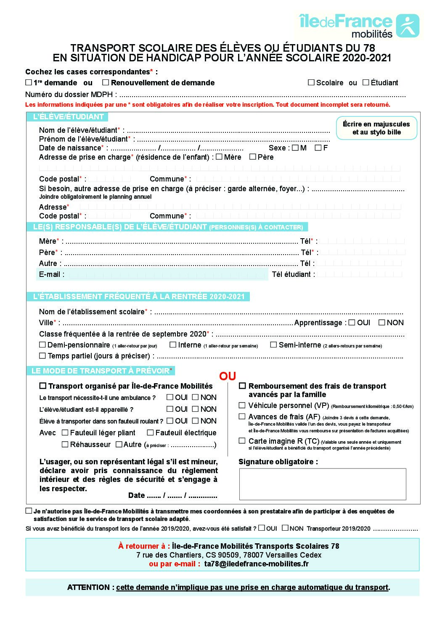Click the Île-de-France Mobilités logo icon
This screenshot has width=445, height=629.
408,26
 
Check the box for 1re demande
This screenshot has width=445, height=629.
29,83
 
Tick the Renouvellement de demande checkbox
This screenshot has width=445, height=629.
106,83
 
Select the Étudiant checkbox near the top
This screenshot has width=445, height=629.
366,82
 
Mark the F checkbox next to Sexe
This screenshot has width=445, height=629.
318,148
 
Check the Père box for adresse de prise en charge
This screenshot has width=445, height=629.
253,157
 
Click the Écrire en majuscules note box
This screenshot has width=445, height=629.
376,128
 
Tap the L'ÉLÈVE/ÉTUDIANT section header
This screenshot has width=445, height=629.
68,117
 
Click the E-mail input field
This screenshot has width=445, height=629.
167,275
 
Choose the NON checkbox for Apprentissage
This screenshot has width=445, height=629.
381,323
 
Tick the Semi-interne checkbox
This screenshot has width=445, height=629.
273,345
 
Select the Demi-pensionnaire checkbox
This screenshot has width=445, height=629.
42,345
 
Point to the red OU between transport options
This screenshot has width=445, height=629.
228,376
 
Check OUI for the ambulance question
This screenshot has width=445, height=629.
170,397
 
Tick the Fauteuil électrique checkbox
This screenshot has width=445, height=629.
150,433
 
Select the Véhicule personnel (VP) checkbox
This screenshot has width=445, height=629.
242,405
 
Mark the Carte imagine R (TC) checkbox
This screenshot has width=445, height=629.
242,441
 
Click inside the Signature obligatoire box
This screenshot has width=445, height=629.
323,484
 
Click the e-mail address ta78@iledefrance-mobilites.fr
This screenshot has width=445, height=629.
256,564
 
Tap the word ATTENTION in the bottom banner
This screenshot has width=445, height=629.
89,587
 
